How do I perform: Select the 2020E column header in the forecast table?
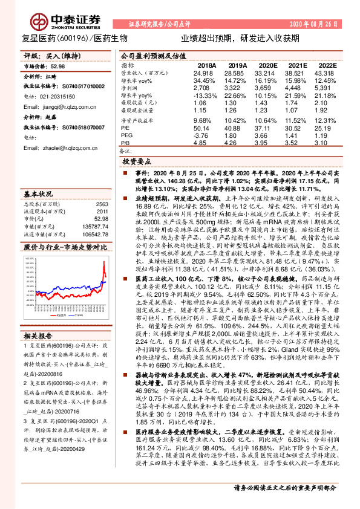tap(267, 65)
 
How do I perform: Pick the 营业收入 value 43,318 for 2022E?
tap(325, 72)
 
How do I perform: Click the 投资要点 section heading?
tap(136, 162)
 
